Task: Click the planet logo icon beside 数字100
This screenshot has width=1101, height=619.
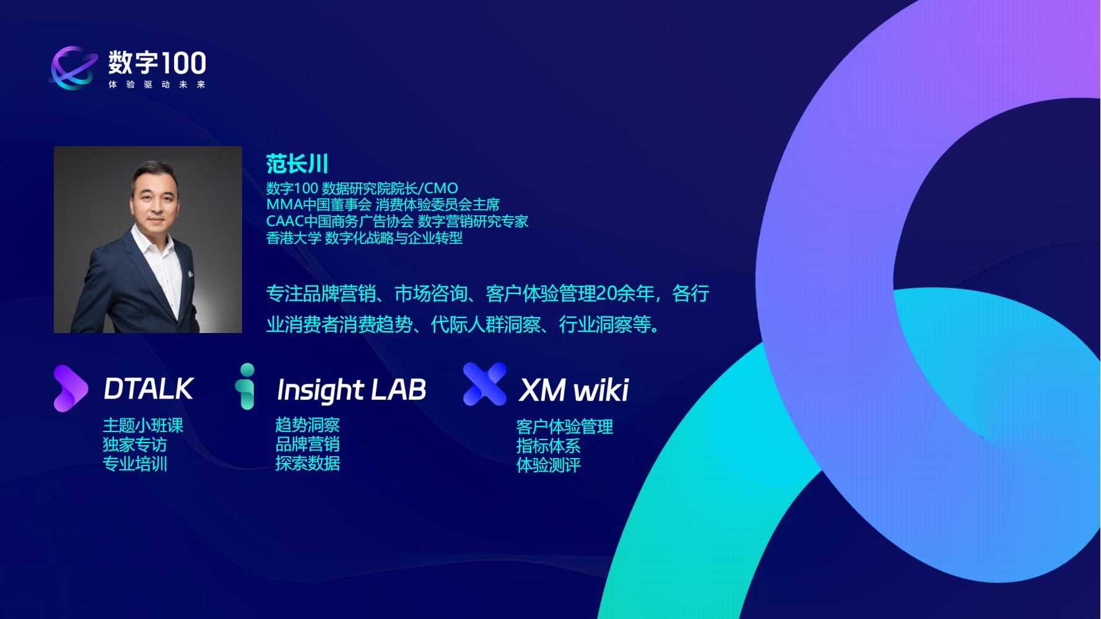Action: pos(74,67)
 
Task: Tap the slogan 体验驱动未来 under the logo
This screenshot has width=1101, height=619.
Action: pos(157,85)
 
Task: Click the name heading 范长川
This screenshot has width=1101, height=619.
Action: pos(297,164)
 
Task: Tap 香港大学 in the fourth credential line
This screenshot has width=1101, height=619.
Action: pos(294,238)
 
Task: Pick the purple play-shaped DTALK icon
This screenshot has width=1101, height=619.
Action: pos(70,389)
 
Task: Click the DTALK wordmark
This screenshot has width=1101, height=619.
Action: pos(149,389)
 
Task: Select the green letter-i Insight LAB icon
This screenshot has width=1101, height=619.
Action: pos(247,387)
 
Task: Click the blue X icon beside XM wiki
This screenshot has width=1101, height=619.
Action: pos(484,384)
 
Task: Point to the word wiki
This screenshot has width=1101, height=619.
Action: pos(601,390)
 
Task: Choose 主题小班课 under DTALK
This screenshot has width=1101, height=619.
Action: pos(143,426)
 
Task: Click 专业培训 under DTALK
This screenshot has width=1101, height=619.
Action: pos(135,464)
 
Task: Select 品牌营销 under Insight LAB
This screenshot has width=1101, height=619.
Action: pos(308,444)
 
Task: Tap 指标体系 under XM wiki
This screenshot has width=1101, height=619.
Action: pos(549,446)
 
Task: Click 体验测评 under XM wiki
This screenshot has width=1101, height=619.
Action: pos(549,465)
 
